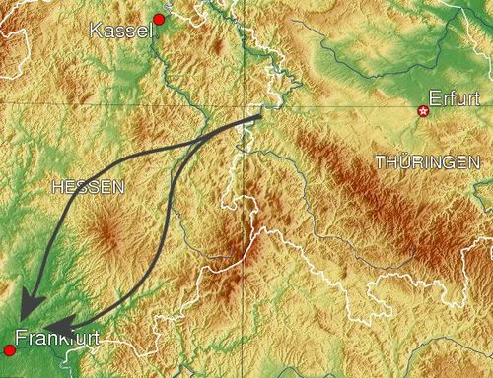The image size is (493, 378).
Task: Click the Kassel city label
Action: pyautogui.click(x=122, y=31)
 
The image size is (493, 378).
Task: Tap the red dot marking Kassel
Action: pyautogui.click(x=159, y=19)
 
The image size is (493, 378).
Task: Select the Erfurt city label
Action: pyautogui.click(x=453, y=98)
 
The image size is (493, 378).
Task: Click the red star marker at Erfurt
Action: pyautogui.click(x=424, y=111)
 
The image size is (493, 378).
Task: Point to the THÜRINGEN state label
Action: pyautogui.click(x=427, y=161)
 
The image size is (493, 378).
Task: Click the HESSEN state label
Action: pyautogui.click(x=87, y=186)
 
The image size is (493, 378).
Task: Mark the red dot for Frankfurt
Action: pyautogui.click(x=10, y=349)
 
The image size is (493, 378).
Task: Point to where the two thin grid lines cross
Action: pyautogui.click(x=245, y=101)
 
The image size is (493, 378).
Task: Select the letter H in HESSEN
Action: pyautogui.click(x=55, y=186)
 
